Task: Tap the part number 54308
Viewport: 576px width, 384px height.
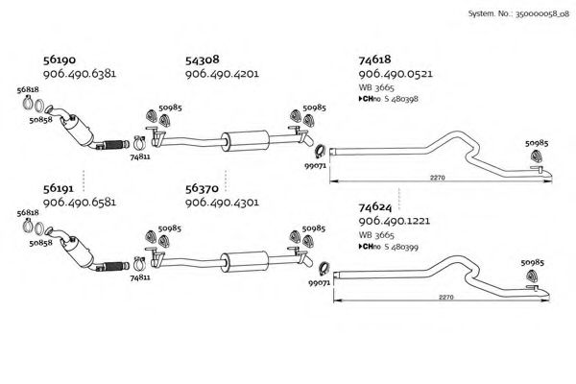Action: pos(203,59)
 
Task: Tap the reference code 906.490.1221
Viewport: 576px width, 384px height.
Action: pos(396,220)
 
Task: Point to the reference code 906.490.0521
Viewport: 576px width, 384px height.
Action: pos(396,73)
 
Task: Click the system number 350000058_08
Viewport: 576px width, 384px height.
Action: pos(532,16)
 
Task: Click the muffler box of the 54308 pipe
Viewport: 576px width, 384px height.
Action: pos(244,136)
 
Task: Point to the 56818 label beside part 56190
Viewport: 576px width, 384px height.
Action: pos(28,89)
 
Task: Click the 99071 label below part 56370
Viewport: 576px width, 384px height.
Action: pos(319,283)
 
